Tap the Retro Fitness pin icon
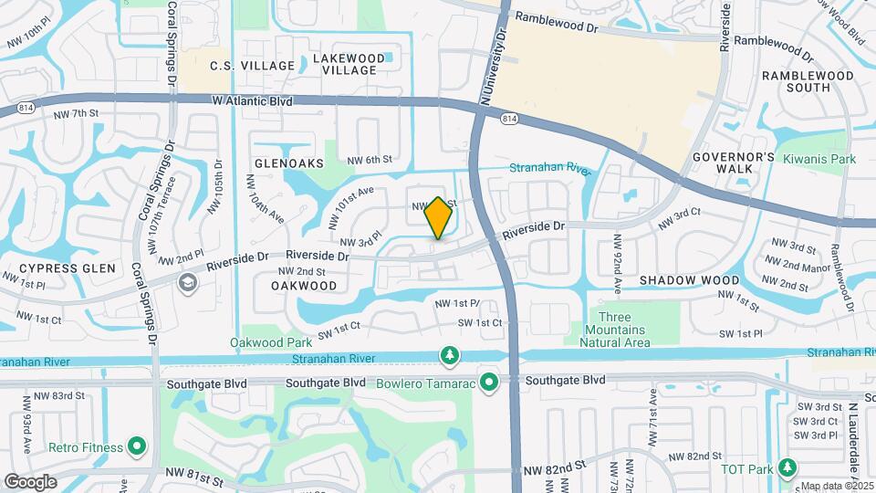click(137, 446)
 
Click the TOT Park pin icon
click(787, 469)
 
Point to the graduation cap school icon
click(187, 281)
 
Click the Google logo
click(30, 481)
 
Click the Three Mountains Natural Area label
click(616, 330)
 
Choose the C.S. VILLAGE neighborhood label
click(253, 66)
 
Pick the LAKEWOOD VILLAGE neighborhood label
click(344, 64)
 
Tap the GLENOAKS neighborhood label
click(289, 163)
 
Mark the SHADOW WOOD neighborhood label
click(689, 279)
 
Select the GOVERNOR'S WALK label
click(733, 163)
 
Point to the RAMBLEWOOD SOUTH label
click(808, 81)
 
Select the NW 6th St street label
click(373, 159)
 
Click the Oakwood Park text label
click(265, 343)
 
